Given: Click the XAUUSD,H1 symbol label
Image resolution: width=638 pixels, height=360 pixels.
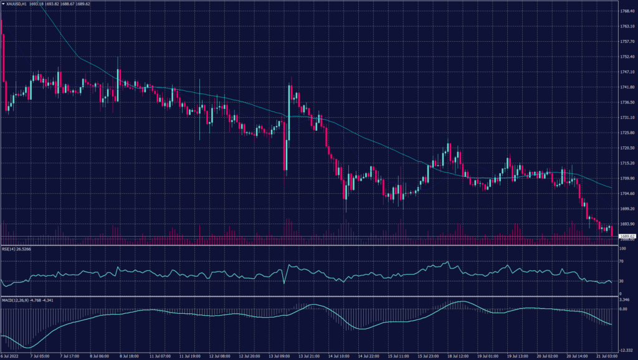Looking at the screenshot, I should [x=16, y=4].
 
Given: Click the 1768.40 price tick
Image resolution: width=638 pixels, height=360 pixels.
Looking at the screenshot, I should [x=627, y=11].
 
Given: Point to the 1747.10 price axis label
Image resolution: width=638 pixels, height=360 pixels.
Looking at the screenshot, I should [x=627, y=72].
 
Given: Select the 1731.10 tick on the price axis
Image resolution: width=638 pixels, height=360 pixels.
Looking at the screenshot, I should [x=627, y=118].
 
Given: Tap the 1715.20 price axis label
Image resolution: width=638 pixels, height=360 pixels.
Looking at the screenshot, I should [x=627, y=163].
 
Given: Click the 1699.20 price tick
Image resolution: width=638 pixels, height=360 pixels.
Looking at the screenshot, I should [x=627, y=209].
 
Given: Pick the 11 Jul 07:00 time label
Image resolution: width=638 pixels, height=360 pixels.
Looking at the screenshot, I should [x=161, y=356].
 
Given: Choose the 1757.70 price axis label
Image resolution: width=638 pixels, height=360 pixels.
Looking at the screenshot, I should [x=627, y=42].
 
